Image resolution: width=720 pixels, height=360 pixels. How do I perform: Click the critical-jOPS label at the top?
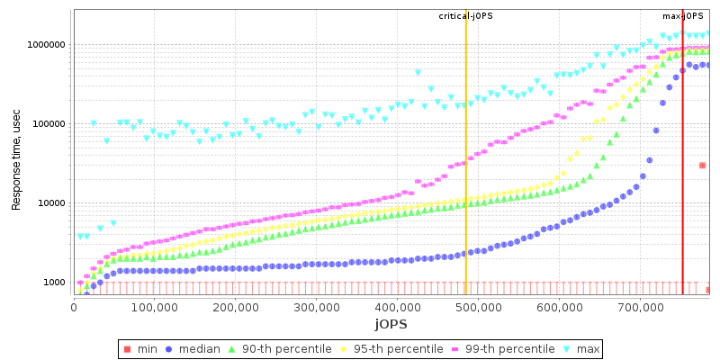(x=465, y=16)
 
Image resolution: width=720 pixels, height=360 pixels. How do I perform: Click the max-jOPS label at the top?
(x=683, y=16)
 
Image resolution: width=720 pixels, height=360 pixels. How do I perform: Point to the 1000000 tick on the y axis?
(x=45, y=45)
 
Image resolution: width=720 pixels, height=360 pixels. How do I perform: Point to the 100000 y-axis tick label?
(x=48, y=124)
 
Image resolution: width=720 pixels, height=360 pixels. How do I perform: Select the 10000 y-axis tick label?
(x=50, y=203)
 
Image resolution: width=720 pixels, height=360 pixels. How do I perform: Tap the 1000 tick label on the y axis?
(x=53, y=283)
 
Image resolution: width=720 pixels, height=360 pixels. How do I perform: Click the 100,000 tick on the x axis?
(x=154, y=306)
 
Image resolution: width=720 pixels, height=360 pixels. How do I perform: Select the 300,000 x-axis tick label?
(x=316, y=306)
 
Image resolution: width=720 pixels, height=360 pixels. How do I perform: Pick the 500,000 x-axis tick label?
(x=478, y=306)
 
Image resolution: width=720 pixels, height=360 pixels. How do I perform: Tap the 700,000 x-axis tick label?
(x=640, y=306)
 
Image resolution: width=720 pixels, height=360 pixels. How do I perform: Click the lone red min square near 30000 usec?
(x=703, y=166)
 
